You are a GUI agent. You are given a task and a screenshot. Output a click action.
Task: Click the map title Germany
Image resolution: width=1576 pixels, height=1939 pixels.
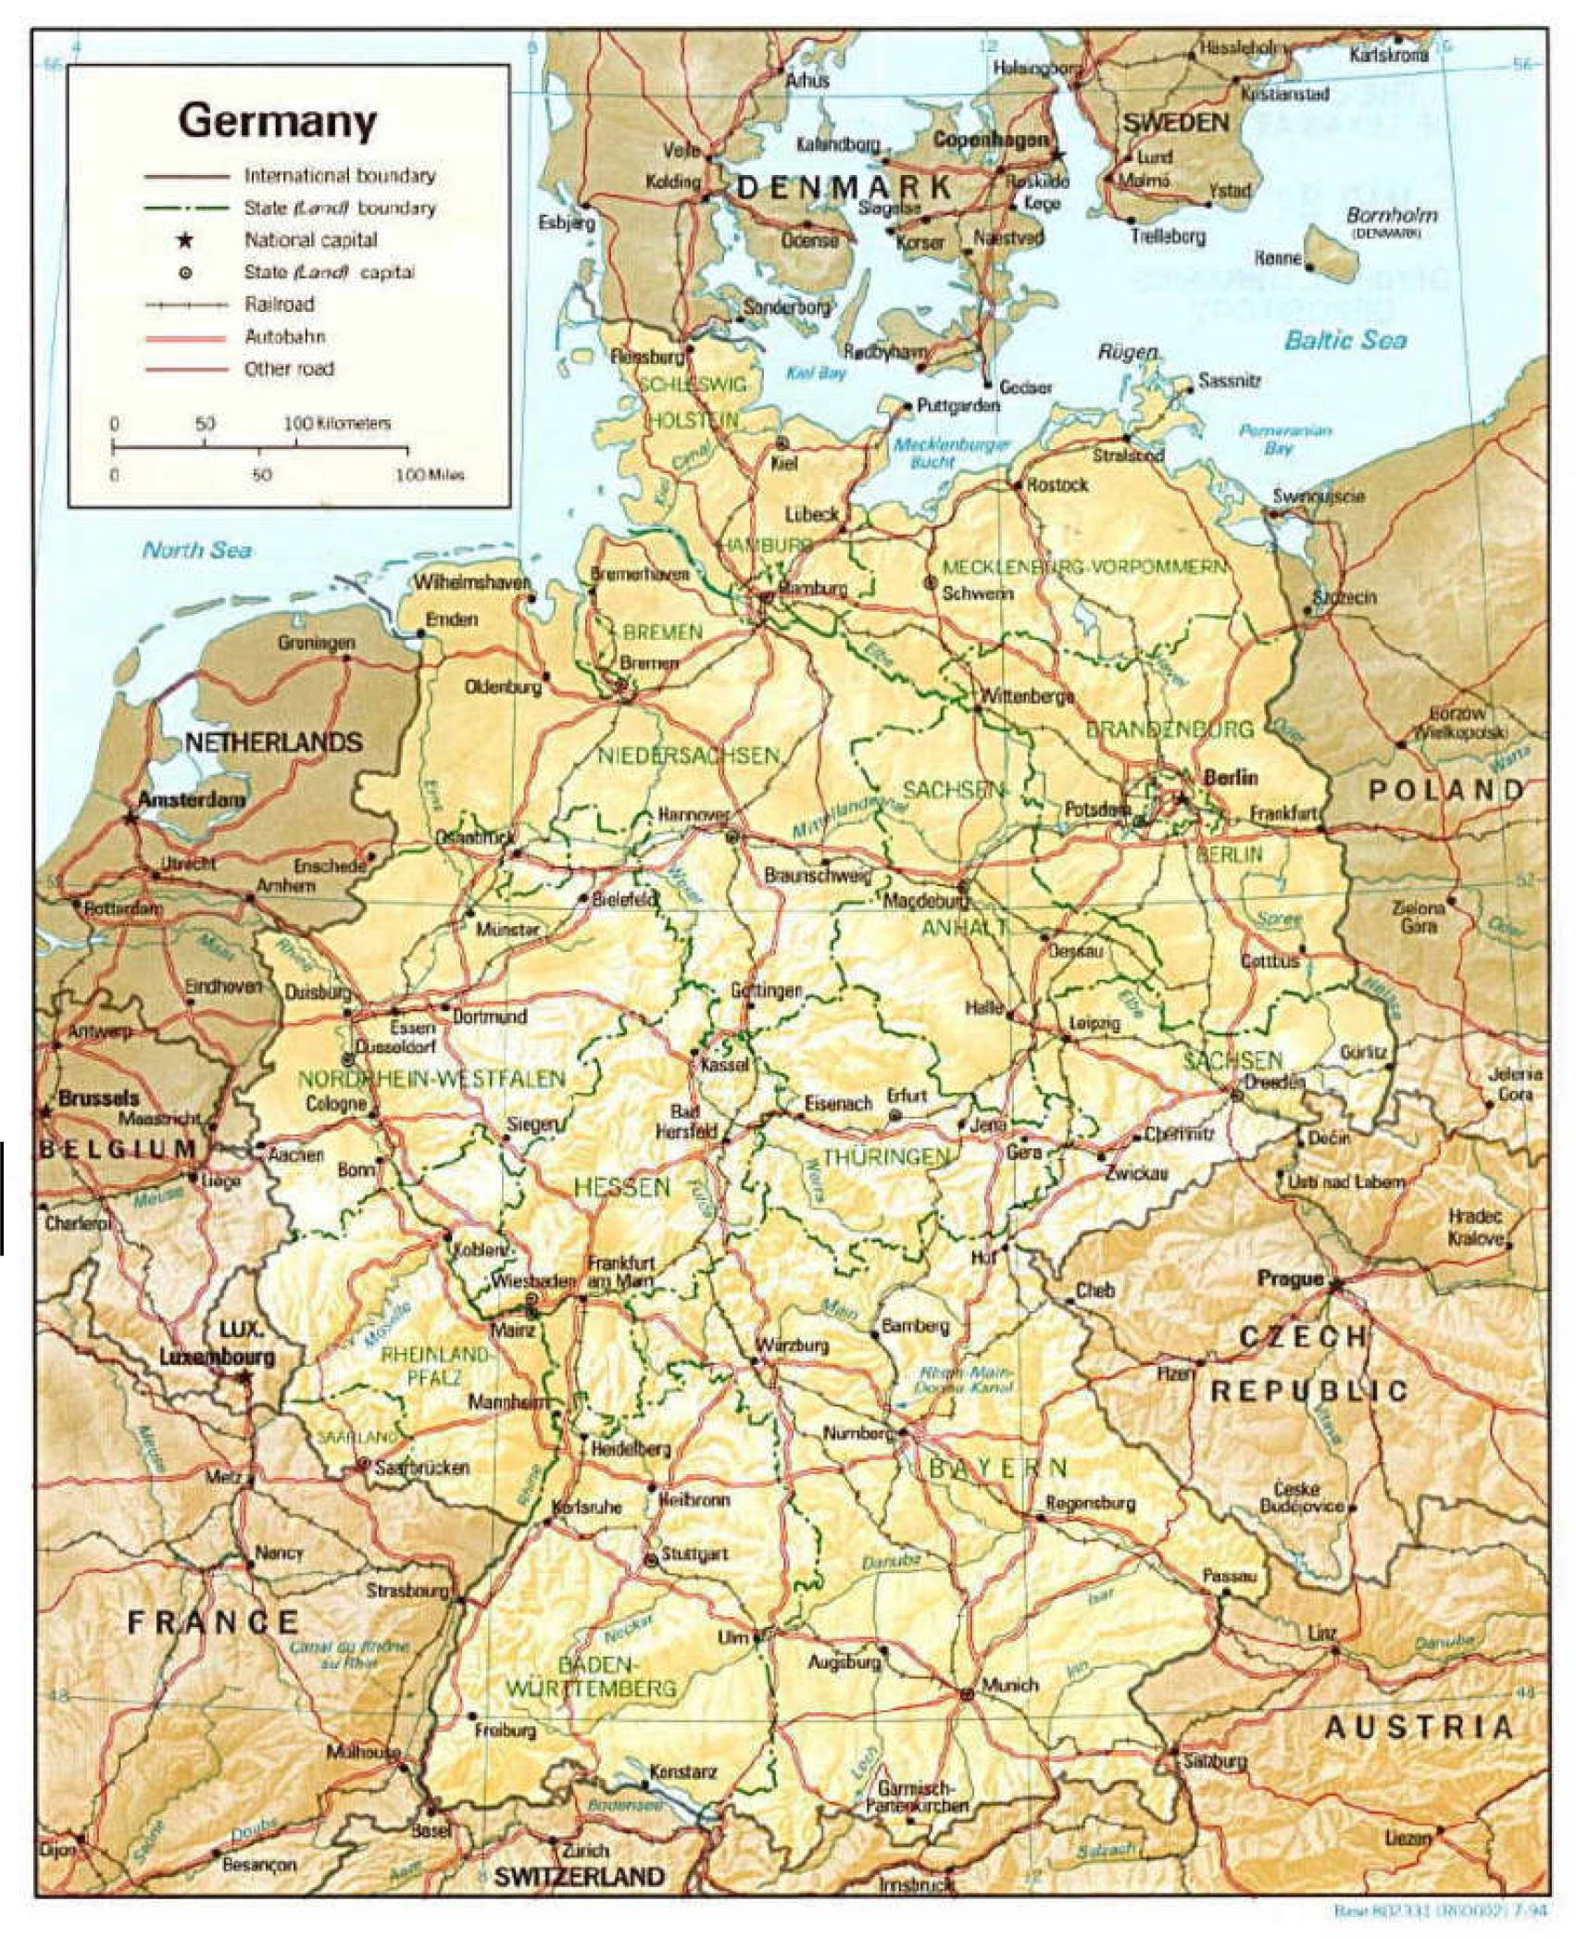pos(278,121)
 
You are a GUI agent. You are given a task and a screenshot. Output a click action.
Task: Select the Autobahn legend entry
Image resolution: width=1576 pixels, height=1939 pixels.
pos(284,337)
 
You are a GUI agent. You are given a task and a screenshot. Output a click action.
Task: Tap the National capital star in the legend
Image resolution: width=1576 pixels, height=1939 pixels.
pos(185,241)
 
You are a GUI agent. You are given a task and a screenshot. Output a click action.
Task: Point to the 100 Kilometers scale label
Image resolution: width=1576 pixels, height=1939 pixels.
pos(337,423)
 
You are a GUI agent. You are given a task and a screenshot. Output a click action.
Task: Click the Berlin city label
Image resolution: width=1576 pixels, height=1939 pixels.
pos(1230,777)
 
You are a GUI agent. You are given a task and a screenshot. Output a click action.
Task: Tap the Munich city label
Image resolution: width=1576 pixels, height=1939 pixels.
pos(1009,1684)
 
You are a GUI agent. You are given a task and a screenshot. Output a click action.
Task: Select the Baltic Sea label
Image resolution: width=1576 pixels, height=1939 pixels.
pos(1345,341)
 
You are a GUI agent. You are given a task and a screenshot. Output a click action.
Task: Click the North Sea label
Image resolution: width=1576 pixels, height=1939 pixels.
pos(196,550)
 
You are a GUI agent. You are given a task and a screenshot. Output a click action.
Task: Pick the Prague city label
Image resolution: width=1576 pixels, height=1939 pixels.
pos(1290,1279)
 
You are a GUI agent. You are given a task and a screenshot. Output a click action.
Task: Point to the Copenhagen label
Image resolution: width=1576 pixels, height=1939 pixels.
pos(990,140)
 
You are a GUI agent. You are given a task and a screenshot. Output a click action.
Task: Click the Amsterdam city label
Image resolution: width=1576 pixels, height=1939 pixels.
pos(192,799)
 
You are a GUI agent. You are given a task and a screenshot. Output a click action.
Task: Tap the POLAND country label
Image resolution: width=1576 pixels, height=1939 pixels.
pos(1445,790)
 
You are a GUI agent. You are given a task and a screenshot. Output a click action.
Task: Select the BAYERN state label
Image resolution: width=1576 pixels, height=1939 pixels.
pos(998,1467)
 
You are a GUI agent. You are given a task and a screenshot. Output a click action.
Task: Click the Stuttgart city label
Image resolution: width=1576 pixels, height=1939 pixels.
pos(694,1553)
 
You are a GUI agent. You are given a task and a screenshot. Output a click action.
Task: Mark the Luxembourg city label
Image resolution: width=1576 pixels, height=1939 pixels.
pos(217,1357)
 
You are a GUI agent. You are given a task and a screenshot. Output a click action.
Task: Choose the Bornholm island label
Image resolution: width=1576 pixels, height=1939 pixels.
pos(1392,215)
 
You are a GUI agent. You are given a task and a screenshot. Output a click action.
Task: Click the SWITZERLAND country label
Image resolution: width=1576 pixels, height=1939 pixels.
pos(579,1877)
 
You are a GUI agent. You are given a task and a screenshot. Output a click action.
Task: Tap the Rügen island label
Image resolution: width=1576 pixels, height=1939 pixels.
pos(1128,352)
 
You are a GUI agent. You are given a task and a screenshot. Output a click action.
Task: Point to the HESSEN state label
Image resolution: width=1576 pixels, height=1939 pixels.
pos(621,1187)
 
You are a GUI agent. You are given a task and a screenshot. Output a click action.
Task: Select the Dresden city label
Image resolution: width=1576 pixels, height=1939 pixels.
pos(1274,1081)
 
